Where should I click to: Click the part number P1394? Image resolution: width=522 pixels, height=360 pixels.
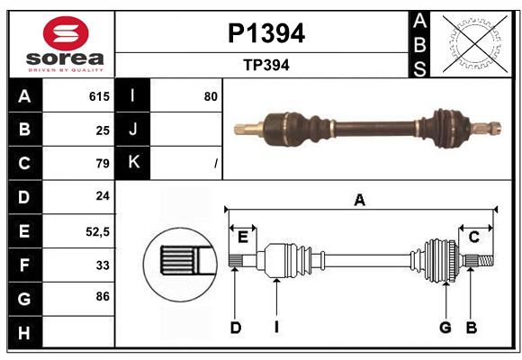click(265, 34)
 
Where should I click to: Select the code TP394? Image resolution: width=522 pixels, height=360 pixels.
click(265, 65)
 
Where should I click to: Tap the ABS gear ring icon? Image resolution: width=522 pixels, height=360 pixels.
click(474, 43)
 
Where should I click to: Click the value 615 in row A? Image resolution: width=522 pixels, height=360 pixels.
click(99, 96)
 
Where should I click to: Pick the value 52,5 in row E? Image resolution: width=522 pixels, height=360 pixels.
click(97, 231)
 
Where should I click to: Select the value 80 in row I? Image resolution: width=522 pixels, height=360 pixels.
click(211, 96)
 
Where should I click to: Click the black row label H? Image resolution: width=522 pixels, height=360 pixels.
click(24, 333)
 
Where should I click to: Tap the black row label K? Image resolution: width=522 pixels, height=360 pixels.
click(133, 164)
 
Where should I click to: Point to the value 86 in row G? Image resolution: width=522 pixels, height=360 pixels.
click(102, 295)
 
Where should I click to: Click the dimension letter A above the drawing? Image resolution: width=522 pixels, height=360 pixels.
click(359, 201)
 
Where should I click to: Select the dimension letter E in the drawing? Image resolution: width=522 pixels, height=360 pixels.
click(242, 237)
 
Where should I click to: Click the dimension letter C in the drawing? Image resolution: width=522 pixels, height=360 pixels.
click(473, 237)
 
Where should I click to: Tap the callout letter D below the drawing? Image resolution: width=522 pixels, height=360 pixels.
click(235, 328)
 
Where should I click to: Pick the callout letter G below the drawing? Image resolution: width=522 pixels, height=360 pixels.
click(445, 328)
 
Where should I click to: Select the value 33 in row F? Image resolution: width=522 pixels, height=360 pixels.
click(102, 265)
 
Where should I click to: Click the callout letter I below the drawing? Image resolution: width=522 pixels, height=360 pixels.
click(277, 328)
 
